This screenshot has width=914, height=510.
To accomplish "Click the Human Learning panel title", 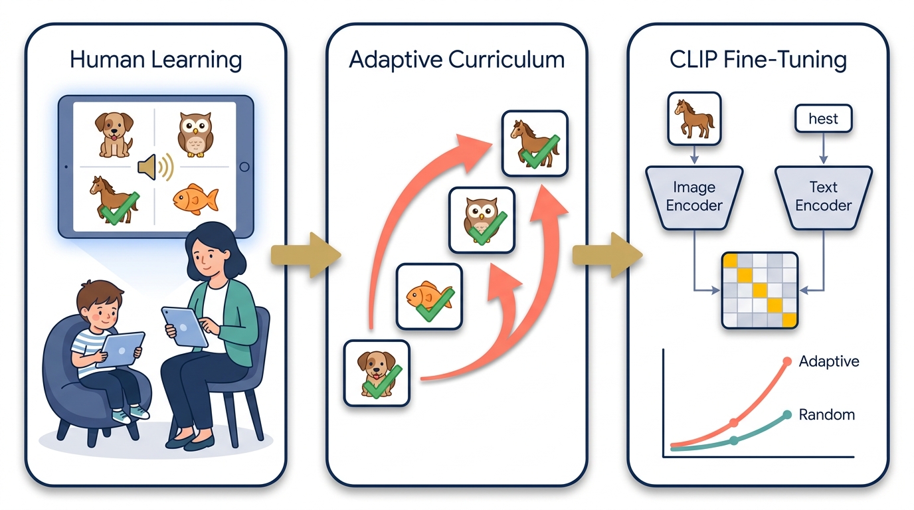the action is coord(156,60).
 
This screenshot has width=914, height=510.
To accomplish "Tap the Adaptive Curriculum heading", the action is coord(456,60).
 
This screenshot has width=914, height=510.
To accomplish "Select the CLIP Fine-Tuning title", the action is coord(758,60).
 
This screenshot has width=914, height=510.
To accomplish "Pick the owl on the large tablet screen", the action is coord(195,135).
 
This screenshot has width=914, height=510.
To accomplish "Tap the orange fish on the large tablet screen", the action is coord(195,199).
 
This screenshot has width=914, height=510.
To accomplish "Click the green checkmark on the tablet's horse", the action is coord(120,209).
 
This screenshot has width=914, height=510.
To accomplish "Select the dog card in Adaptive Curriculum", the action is coord(377,373).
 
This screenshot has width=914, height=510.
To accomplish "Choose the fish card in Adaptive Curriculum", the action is coord(429,297).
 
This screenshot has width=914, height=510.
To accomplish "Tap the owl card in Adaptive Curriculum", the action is coord(482,220).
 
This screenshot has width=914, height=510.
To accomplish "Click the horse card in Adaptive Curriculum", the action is coord(535,143).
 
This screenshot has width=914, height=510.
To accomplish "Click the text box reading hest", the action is coord(824,119).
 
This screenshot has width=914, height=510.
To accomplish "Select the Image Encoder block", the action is coord(694,197).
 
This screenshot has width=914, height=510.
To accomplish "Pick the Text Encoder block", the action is coord(824,197).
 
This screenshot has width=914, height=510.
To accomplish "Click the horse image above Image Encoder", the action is coord(695,119).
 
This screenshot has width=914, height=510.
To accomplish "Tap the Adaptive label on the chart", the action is coord(829,361).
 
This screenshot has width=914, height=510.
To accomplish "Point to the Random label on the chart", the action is coord(827,415).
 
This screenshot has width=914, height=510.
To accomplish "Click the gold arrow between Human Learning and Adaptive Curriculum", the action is coord(306,256).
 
